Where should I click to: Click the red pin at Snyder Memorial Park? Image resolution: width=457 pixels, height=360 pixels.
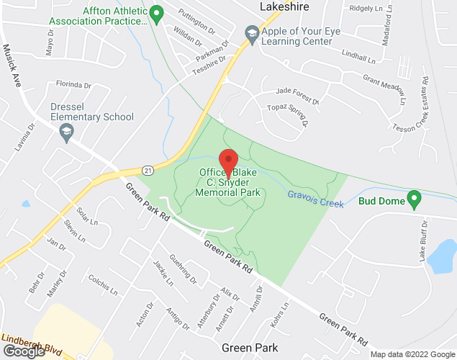[x=229, y=162]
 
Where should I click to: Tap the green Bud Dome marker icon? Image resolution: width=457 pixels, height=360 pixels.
[x=414, y=197]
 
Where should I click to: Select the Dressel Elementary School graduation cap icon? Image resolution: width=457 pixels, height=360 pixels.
[x=66, y=132]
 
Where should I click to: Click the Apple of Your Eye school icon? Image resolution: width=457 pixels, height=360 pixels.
[x=251, y=32]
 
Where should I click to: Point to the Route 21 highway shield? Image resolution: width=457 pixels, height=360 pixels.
[x=147, y=170]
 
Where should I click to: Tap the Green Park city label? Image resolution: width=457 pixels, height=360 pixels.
[x=250, y=347]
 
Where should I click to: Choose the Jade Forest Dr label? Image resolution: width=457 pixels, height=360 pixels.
[x=297, y=91]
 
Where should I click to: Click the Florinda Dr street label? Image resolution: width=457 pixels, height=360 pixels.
[x=74, y=84]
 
